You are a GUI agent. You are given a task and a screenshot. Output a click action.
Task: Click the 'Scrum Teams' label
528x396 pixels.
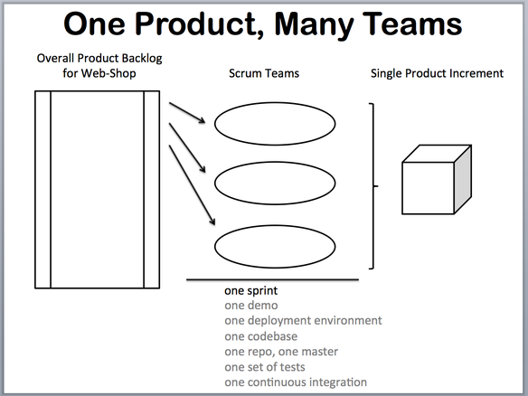pyautogui.click(x=264, y=73)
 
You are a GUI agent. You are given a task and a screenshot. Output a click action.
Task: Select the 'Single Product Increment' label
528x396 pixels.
pyautogui.click(x=437, y=73)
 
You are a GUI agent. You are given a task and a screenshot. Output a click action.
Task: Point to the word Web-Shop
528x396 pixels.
pyautogui.click(x=108, y=73)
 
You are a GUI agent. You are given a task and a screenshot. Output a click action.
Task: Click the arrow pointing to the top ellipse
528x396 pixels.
pyautogui.click(x=187, y=113)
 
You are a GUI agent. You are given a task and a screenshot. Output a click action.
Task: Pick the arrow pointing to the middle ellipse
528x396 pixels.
pyautogui.click(x=187, y=148)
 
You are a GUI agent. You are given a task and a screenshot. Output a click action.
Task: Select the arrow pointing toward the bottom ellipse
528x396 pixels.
pyautogui.click(x=192, y=185)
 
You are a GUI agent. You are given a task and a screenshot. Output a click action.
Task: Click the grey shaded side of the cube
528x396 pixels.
pyautogui.click(x=463, y=180)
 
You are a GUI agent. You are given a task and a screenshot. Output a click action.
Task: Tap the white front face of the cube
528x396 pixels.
pyautogui.click(x=428, y=188)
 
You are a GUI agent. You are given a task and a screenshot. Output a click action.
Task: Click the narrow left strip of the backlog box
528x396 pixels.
pyautogui.click(x=43, y=190)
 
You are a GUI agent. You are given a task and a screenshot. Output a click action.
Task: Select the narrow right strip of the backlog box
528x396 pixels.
pyautogui.click(x=152, y=190)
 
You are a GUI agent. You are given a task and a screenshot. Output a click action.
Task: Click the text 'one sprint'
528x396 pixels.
pyautogui.click(x=250, y=290)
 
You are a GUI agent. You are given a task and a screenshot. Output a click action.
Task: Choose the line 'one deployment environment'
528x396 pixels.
pyautogui.click(x=303, y=320)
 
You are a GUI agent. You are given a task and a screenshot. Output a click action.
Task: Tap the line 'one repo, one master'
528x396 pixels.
pyautogui.click(x=281, y=352)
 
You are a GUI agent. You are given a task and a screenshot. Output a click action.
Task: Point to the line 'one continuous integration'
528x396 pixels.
pyautogui.click(x=296, y=382)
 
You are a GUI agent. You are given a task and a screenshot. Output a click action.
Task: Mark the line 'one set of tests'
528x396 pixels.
pyautogui.click(x=265, y=367)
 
